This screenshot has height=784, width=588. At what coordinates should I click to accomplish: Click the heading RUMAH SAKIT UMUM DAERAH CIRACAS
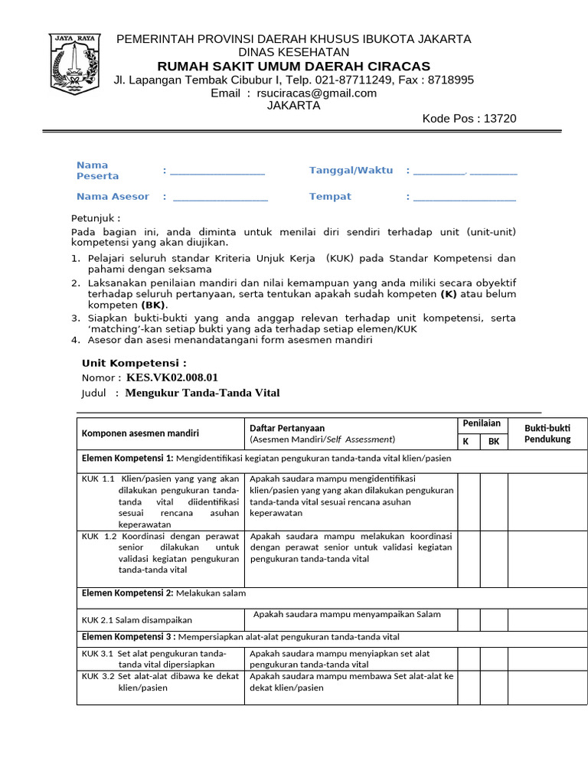click(294, 66)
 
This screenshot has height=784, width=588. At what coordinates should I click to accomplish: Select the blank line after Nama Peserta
click(217, 171)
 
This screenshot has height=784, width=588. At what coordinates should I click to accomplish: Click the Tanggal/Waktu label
click(351, 170)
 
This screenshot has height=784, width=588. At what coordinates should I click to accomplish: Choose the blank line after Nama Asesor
click(220, 198)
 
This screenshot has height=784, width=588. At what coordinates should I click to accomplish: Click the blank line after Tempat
click(464, 198)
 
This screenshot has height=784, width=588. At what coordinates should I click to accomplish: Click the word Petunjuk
click(95, 218)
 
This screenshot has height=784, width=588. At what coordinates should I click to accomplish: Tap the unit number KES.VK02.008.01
click(172, 377)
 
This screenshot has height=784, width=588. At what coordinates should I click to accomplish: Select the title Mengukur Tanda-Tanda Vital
click(202, 393)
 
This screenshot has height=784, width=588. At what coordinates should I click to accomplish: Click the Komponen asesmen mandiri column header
click(140, 433)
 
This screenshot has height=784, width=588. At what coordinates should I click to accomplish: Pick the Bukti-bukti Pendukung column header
click(547, 433)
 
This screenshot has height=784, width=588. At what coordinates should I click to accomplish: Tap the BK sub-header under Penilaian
click(494, 442)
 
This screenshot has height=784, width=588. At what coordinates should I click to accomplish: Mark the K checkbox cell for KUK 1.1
click(469, 501)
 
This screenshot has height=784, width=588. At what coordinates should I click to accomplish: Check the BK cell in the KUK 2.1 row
click(494, 619)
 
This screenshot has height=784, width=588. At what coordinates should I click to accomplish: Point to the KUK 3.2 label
click(97, 676)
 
